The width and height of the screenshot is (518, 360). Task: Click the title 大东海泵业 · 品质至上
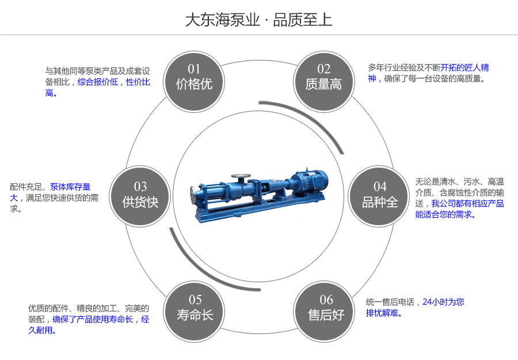pyautogui.click(x=258, y=20)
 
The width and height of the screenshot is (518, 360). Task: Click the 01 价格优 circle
pyautogui.click(x=194, y=78)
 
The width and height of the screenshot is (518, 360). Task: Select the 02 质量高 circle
pyautogui.click(x=323, y=78)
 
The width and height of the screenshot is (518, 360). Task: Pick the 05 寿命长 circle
pyautogui.click(x=195, y=308)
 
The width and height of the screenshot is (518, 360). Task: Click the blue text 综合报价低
pyautogui.click(x=97, y=82)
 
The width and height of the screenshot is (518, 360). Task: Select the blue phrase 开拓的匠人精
pyautogui.click(x=464, y=67)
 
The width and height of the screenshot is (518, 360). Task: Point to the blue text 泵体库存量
pyautogui.click(x=70, y=187)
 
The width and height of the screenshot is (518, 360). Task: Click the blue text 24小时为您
pyautogui.click(x=443, y=301)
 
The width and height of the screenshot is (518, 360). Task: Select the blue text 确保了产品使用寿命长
pyautogui.click(x=93, y=319)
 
